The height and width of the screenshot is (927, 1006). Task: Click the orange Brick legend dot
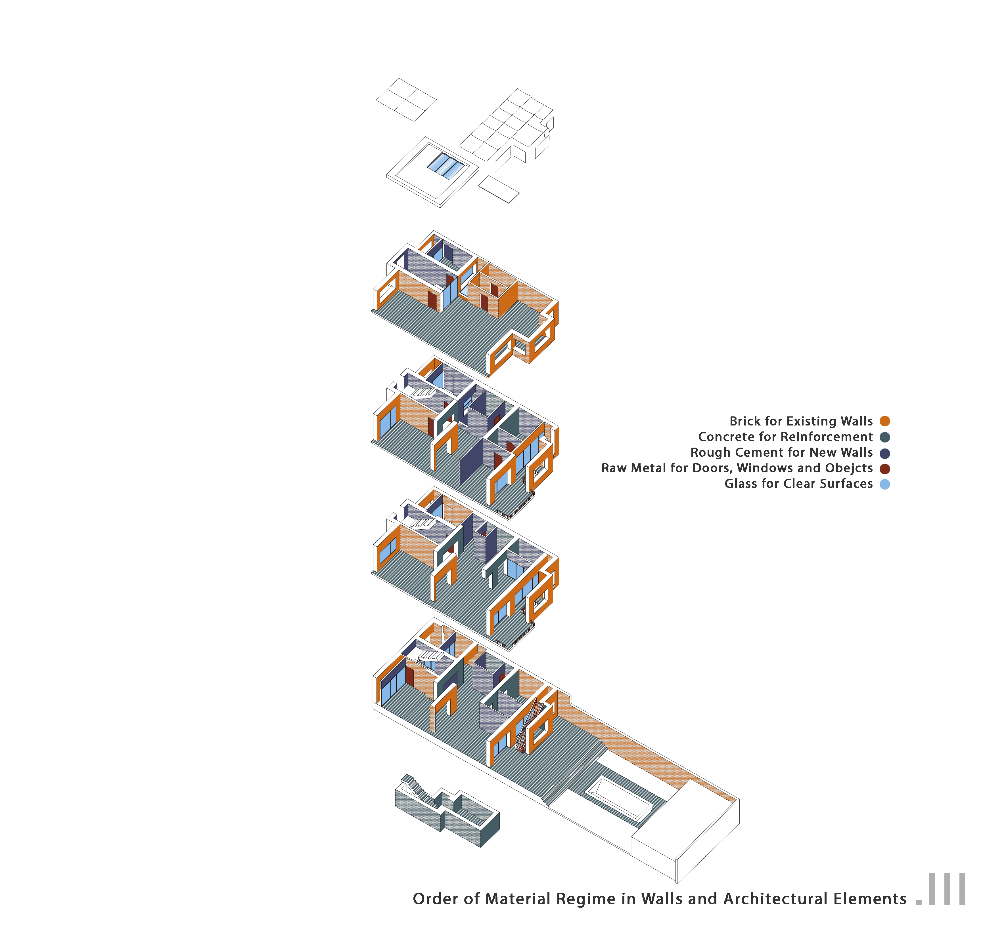pos(885,421)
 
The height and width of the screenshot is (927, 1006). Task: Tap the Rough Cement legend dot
pos(885,453)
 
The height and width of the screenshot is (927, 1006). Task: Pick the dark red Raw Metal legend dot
pos(885,469)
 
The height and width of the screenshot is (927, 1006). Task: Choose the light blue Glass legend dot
pos(885,484)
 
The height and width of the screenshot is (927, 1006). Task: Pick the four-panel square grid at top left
pos(406,99)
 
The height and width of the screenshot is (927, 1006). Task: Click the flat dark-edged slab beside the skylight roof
pos(499,189)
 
